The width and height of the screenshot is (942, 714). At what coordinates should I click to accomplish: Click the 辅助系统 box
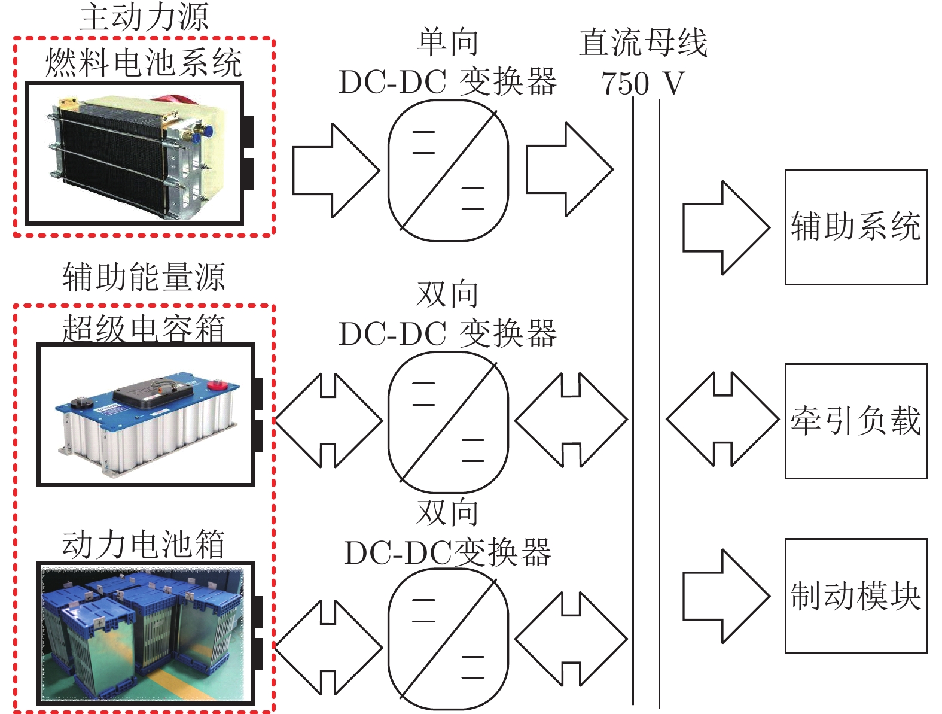point(856,227)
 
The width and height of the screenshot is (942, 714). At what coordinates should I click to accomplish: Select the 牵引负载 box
point(856,421)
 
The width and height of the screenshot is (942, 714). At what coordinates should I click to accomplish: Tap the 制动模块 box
point(856,596)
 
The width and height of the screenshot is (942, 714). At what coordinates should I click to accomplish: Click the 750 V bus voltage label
point(642,83)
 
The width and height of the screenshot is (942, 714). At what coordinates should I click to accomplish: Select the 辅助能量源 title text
point(144,277)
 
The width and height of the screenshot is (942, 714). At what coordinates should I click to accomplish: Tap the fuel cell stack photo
point(135,154)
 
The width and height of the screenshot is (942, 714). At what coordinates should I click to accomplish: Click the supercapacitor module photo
point(146,414)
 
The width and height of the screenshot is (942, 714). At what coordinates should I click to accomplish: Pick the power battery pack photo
point(146,633)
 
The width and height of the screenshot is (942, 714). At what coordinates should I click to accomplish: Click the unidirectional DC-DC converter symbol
point(448,171)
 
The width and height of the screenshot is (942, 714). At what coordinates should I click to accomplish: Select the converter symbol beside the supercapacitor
point(448,422)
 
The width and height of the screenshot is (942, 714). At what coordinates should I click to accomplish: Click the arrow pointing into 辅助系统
point(726,227)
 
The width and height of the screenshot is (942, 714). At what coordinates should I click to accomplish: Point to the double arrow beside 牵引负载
point(722,419)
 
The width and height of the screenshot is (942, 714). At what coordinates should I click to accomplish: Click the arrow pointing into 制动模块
point(726,596)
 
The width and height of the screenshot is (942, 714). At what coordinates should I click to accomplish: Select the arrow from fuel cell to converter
point(336,171)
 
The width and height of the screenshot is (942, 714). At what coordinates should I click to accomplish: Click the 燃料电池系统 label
point(144,63)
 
